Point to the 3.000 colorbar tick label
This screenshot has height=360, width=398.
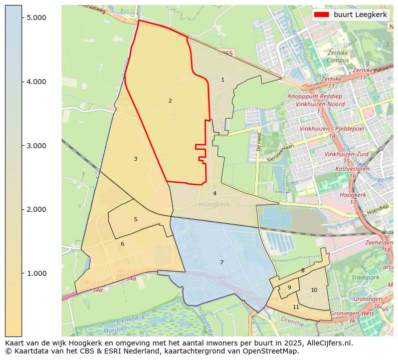tap(36, 146)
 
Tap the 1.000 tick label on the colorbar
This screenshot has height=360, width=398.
tap(36, 273)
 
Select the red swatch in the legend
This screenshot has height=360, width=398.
tap(321, 15)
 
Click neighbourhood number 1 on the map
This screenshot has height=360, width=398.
tap(223, 80)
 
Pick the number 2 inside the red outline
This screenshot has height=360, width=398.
tap(170, 101)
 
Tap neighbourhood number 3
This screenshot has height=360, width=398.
tap(135, 159)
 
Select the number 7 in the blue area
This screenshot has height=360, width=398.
tap(222, 262)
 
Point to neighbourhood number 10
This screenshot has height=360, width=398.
tap(314, 290)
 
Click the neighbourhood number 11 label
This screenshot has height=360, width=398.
tap(296, 307)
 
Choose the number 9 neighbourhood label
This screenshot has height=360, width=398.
tap(289, 287)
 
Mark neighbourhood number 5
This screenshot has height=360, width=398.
tap(135, 219)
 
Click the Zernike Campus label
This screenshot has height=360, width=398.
tap(337, 57)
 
